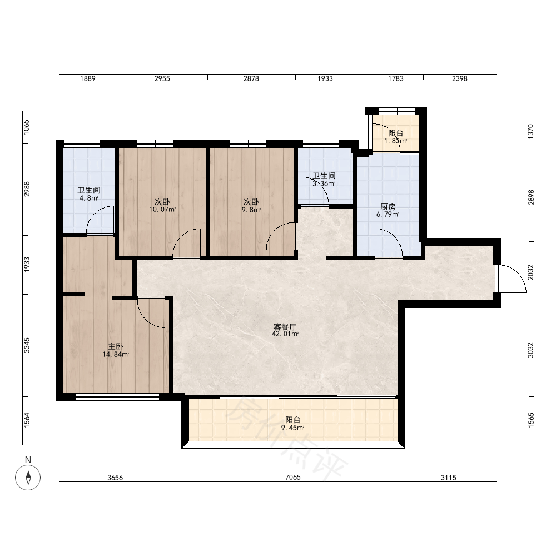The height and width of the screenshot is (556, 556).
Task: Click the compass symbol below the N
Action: (x=28, y=477)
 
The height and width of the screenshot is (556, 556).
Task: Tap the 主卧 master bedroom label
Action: (x=116, y=347)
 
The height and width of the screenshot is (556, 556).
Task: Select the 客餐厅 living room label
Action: (x=285, y=326)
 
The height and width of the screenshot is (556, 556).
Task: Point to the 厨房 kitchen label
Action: (x=388, y=207)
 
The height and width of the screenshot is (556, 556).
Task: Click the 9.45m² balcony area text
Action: (x=293, y=428)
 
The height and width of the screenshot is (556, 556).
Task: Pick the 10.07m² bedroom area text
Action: (x=162, y=209)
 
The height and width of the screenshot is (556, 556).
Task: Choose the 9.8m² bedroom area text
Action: (x=251, y=210)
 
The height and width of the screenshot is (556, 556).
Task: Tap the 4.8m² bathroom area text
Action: (x=89, y=198)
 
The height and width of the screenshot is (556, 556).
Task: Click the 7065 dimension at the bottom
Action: (x=293, y=477)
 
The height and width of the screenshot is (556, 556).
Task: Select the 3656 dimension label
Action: (x=115, y=478)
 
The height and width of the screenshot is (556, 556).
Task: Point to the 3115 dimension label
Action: (x=449, y=478)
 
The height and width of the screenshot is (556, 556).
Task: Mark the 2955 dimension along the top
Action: (x=162, y=78)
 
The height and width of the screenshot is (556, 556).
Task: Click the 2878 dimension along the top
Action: (x=251, y=78)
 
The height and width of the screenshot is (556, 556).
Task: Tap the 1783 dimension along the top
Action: (x=396, y=78)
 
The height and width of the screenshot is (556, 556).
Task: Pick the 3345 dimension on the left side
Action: (x=27, y=345)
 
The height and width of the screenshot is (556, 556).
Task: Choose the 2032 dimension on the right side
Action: (x=530, y=272)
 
